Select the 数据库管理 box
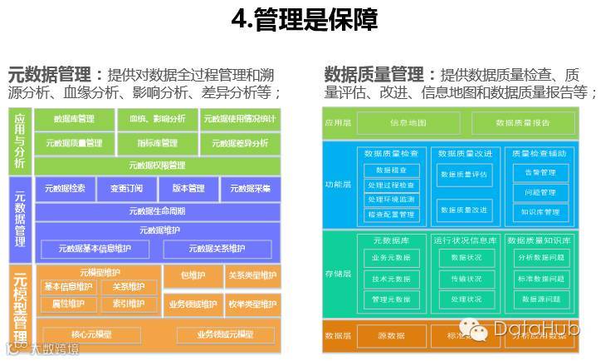[x=74, y=119]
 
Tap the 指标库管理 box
[x=157, y=143]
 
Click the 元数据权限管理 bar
[x=157, y=165]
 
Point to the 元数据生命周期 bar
[x=157, y=210]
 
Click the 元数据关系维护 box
[x=217, y=249]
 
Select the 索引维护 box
[x=129, y=304]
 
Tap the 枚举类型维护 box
[x=252, y=304]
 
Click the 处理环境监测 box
[x=391, y=200]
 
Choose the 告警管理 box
[x=540, y=173]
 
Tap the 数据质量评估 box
[x=464, y=175]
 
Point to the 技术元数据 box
[x=391, y=279]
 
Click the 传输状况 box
[x=466, y=279]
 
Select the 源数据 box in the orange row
[x=391, y=335]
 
